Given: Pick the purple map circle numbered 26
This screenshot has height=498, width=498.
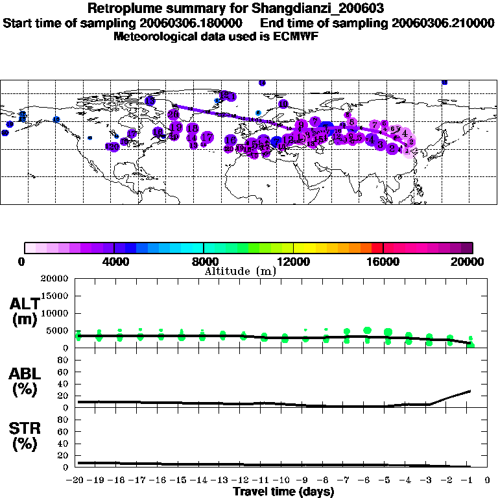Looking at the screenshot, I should click(x=173, y=114).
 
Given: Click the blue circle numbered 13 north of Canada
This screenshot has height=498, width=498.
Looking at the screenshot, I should click(x=150, y=101).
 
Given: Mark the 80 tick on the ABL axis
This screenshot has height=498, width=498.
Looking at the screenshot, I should click(x=63, y=360).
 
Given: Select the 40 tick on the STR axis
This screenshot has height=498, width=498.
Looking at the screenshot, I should click(x=63, y=443).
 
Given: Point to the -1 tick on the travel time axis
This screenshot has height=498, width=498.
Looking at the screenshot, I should click(x=469, y=480).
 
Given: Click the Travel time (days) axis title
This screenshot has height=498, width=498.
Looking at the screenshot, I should click(x=283, y=492).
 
